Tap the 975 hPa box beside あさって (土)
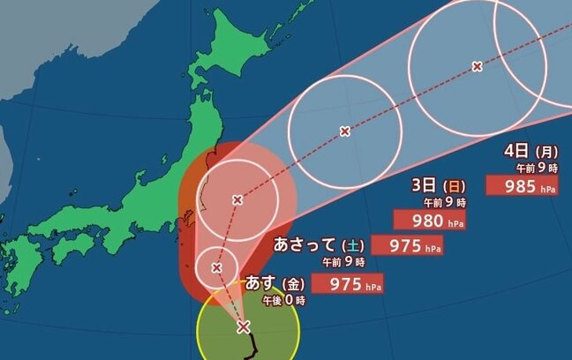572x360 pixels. click(x=407, y=245)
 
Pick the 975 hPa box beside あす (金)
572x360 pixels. click(x=355, y=283)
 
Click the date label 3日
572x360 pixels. click(x=425, y=185)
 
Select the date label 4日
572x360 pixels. click(x=517, y=151)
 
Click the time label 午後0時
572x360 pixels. click(x=283, y=301)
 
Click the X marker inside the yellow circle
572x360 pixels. click(x=244, y=328)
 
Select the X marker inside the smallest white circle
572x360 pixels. click(x=217, y=266)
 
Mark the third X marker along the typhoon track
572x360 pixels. click(x=237, y=200)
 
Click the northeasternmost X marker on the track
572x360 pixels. click(x=477, y=66)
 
